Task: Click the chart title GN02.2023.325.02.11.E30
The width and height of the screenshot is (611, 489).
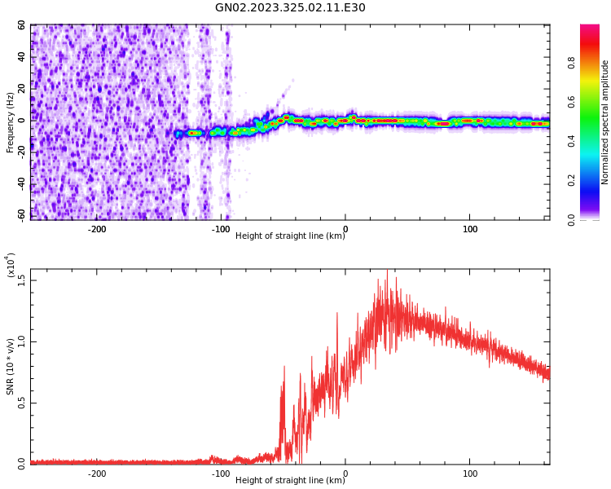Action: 290,8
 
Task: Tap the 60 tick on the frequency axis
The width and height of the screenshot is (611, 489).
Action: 22,25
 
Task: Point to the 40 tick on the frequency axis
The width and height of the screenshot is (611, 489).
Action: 22,57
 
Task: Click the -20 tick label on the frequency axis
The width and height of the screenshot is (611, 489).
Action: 20,152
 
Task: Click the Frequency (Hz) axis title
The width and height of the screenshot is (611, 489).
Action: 10,122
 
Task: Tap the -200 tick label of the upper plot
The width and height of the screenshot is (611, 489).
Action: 97,229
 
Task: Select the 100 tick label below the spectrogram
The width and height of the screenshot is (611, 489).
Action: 470,229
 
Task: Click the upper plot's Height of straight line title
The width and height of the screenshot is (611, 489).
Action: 290,236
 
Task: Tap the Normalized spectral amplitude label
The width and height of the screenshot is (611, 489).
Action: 605,122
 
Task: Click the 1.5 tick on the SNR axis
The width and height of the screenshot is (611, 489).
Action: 22,280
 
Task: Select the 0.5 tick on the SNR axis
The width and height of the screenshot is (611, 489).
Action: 22,403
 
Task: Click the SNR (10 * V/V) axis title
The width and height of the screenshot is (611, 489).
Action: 10,367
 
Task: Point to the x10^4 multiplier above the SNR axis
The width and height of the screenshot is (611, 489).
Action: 10,265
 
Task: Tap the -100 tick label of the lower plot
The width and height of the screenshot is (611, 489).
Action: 221,474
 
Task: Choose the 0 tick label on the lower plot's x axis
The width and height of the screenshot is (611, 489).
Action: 345,474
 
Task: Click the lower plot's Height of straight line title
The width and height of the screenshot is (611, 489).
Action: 290,480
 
